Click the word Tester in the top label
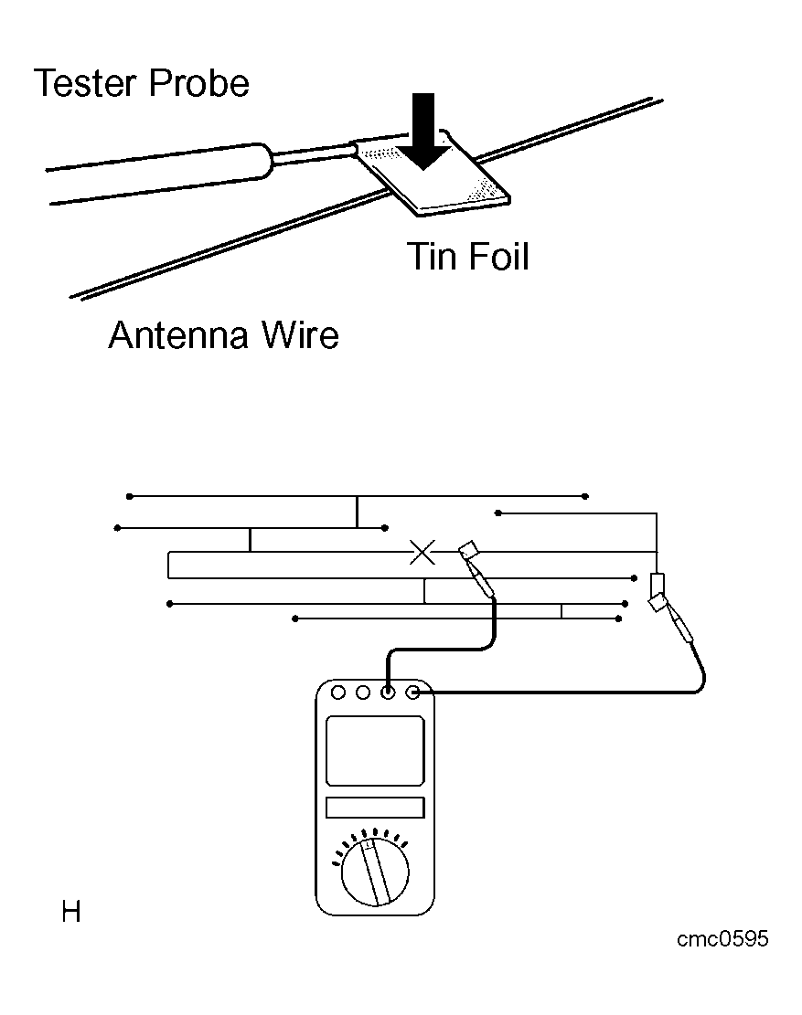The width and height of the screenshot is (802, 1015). tap(86, 83)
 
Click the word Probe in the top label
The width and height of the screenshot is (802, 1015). tap(198, 83)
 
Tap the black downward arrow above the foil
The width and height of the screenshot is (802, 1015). tap(423, 131)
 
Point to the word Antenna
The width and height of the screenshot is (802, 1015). tap(179, 335)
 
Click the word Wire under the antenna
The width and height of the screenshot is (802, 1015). tap(300, 335)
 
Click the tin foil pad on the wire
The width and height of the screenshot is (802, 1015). tap(433, 174)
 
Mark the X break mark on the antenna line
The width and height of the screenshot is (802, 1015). tap(422, 552)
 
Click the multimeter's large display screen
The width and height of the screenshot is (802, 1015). tap(375, 751)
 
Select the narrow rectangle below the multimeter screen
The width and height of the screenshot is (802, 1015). tap(375, 808)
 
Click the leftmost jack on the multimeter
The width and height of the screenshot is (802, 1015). tap(338, 693)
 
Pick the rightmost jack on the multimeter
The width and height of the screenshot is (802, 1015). tap(412, 693)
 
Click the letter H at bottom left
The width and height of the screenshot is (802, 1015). tap(71, 912)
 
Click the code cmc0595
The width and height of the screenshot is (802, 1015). tap(722, 938)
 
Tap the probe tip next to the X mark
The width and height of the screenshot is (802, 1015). tap(468, 552)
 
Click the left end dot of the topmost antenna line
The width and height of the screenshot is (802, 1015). tap(130, 496)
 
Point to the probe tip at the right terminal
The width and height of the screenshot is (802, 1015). tap(658, 603)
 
